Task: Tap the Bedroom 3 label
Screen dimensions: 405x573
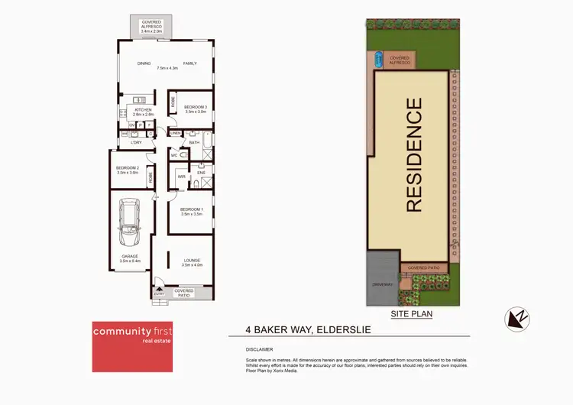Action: (196, 109)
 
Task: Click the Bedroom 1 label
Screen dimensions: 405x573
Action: (192, 211)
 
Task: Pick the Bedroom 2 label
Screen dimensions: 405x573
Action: (127, 170)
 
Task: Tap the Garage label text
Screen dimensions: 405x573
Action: (130, 258)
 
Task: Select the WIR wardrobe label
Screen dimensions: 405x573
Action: (181, 177)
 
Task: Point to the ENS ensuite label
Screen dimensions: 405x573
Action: (202, 174)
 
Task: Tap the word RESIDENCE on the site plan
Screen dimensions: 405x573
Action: (413, 155)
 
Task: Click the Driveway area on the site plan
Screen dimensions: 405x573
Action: (382, 284)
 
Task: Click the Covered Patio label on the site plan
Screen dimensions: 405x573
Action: (423, 267)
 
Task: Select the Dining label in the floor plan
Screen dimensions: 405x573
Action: (143, 63)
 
